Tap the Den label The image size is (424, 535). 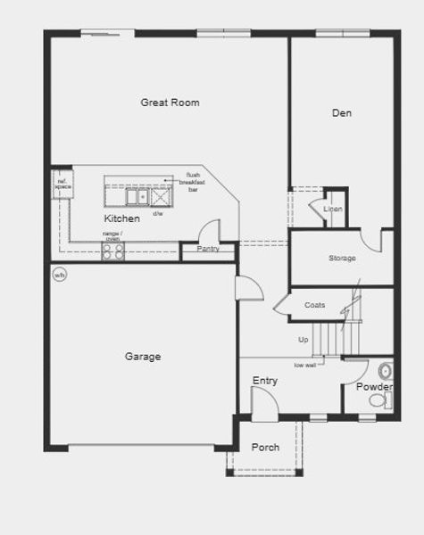click(341, 113)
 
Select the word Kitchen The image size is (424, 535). click(121, 218)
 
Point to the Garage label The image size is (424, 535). click(142, 357)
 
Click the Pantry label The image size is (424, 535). click(208, 249)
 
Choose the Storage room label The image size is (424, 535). click(342, 259)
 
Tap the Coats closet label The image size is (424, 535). click(314, 306)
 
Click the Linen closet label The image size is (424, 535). click(333, 209)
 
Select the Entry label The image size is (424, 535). click(264, 381)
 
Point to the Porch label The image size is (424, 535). click(265, 447)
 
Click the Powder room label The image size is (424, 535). click(374, 387)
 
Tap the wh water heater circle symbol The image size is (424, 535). click(60, 274)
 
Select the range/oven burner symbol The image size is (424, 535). click(112, 251)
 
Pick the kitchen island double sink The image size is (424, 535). click(137, 196)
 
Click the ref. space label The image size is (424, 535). click(62, 184)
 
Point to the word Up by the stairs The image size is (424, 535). click(303, 340)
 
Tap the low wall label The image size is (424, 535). click(305, 365)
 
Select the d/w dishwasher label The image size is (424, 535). click(158, 214)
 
